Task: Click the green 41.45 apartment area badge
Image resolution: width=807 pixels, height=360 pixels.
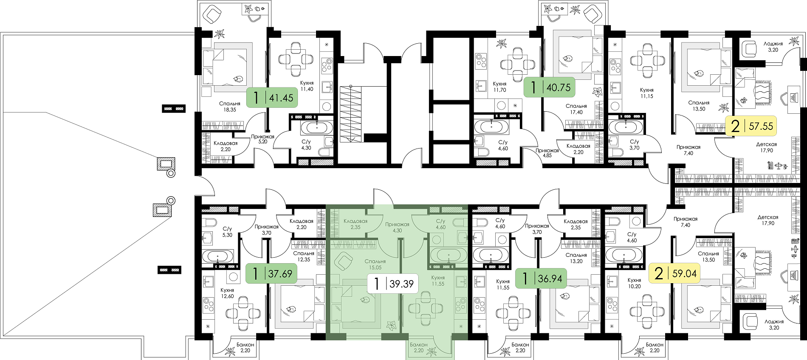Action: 272,98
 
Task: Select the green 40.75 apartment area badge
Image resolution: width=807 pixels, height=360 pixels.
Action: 549,87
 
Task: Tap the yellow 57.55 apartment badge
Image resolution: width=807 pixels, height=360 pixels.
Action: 751,126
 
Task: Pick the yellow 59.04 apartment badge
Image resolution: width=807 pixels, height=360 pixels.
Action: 674,273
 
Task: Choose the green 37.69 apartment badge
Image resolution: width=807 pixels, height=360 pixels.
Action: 271,273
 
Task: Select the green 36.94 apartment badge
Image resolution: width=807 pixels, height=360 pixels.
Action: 541,278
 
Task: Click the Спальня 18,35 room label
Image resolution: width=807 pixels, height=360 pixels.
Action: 230,107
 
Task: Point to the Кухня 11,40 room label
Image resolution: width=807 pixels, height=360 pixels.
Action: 307,86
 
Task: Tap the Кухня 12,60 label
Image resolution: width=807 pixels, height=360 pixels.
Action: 227,293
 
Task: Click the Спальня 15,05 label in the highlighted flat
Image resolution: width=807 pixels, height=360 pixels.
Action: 375,264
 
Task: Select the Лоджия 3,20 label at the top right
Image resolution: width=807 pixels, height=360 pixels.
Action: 773,47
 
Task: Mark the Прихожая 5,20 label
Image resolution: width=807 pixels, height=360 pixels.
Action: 262,139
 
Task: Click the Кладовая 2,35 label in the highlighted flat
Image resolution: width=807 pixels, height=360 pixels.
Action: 356,224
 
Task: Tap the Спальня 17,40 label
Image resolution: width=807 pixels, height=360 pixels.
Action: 576,109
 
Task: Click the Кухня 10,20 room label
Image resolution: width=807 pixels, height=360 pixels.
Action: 634,283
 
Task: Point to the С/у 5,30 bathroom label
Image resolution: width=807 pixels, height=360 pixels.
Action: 227,232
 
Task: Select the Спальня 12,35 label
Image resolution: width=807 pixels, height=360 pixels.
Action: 304,256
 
